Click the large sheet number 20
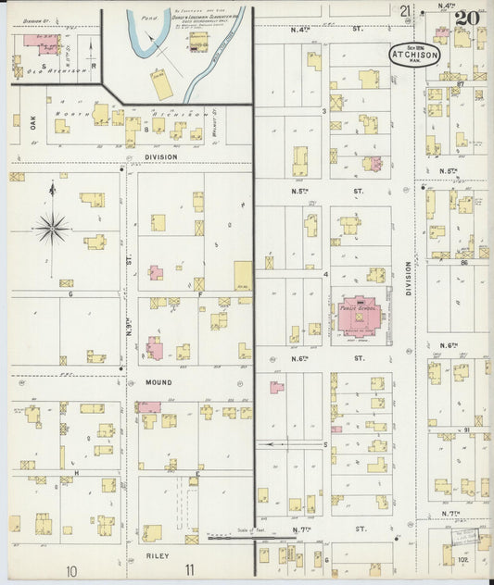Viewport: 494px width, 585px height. (466, 18)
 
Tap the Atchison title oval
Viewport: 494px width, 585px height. (409, 53)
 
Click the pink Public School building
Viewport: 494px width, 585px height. (357, 318)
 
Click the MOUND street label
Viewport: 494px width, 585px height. (158, 380)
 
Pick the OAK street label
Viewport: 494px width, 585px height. (32, 119)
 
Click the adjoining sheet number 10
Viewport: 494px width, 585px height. (71, 571)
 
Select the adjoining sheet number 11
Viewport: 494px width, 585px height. (189, 571)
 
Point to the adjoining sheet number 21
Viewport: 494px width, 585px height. (405, 11)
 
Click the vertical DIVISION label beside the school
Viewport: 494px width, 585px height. (408, 278)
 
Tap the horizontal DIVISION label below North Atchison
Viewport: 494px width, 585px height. (160, 157)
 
